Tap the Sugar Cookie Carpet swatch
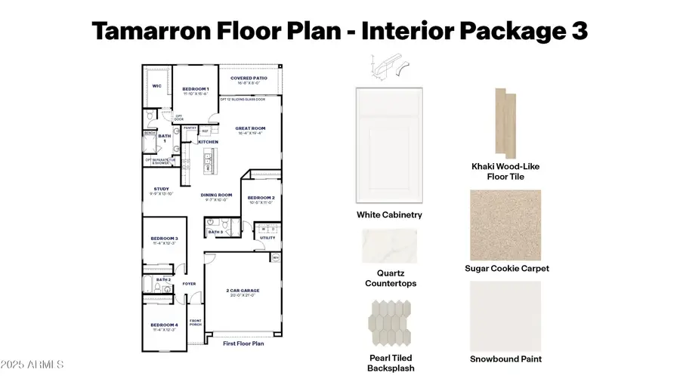point(505,223)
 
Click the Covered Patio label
point(249,78)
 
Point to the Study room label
point(161,189)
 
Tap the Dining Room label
point(215,196)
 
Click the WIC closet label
point(157,86)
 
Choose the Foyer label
point(189,284)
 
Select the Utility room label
point(267,237)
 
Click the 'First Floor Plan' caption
point(243,343)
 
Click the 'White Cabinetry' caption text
point(389,215)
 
